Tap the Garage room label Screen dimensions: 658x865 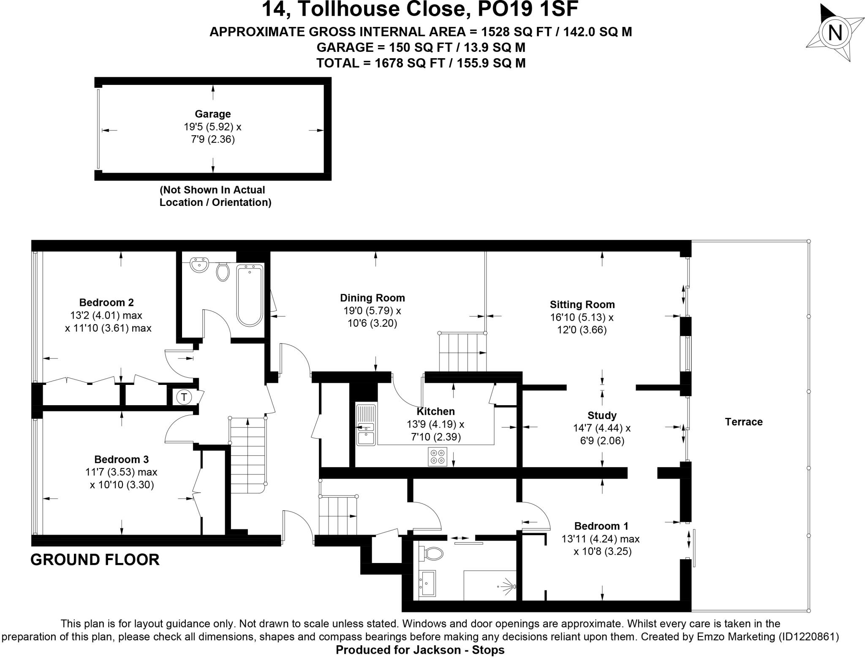tap(212, 114)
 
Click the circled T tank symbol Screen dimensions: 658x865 tap(184, 397)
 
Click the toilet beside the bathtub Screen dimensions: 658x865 tap(223, 271)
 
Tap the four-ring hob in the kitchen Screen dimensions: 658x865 tap(437, 456)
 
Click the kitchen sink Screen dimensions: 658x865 tap(366, 425)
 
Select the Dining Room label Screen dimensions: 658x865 tap(372, 298)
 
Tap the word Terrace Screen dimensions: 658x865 tap(743, 422)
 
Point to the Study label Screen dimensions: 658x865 tap(601, 415)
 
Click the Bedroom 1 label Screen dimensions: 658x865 tap(601, 526)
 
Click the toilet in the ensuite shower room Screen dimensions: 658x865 tap(431, 552)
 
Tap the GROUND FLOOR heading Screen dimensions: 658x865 tap(95, 560)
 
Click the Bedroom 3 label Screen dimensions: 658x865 tap(121, 459)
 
